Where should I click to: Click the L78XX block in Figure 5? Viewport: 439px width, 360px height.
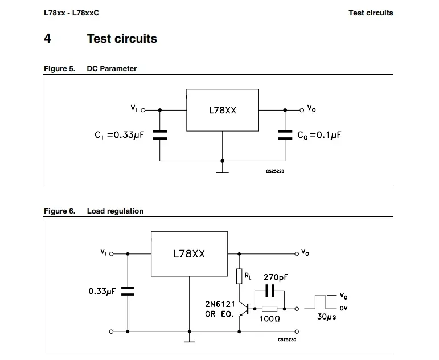coord(222,110)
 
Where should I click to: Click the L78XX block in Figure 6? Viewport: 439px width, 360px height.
coord(188,253)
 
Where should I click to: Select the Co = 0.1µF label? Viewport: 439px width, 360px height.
coord(319,135)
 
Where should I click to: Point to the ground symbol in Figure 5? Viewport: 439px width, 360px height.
coord(222,169)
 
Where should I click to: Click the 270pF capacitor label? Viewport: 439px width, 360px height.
coord(276,277)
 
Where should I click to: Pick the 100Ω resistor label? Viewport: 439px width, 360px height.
coord(269,320)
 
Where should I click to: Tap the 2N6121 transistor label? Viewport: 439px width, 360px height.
coord(220,304)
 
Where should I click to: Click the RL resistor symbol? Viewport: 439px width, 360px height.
coord(240,276)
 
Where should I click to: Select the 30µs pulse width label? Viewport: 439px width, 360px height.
coord(326,317)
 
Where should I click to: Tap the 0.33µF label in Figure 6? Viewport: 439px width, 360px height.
coord(102,291)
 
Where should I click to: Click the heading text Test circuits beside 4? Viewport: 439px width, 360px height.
coord(122,39)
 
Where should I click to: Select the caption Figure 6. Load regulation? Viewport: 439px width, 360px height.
coord(94,211)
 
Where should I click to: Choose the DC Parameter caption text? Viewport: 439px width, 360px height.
coord(112,68)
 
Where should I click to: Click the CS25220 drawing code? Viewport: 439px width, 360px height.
coord(274,171)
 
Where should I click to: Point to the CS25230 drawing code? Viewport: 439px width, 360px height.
coord(288,339)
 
